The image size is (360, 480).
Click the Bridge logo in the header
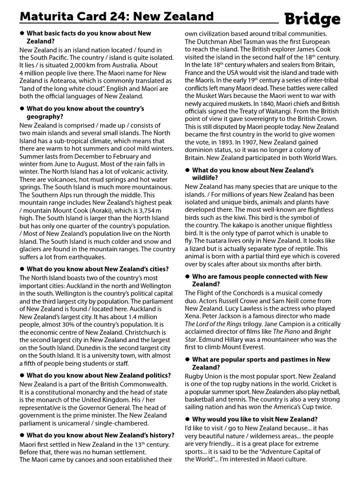(313, 19)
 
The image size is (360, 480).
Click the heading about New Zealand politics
(99, 375)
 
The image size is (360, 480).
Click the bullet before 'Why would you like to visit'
(187, 419)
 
